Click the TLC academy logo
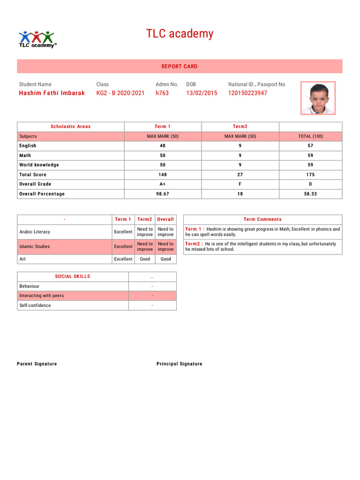tap(37, 39)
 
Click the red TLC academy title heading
tap(180, 34)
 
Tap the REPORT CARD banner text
tap(180, 67)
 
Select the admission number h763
tap(162, 93)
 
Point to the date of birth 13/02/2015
tap(202, 93)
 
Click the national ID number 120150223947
tap(247, 93)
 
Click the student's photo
tap(318, 98)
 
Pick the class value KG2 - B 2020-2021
tap(120, 93)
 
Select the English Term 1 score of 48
tap(163, 146)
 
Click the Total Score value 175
tap(310, 175)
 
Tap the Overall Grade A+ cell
tap(163, 184)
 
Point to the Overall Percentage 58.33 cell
tap(310, 194)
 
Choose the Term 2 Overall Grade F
tap(240, 184)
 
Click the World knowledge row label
tap(39, 165)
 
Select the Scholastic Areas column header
tap(70, 127)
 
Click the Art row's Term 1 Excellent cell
tap(123, 259)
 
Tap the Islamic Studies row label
tap(34, 247)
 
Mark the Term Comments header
tap(262, 219)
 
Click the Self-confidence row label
tap(35, 306)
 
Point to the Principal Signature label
tap(180, 364)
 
